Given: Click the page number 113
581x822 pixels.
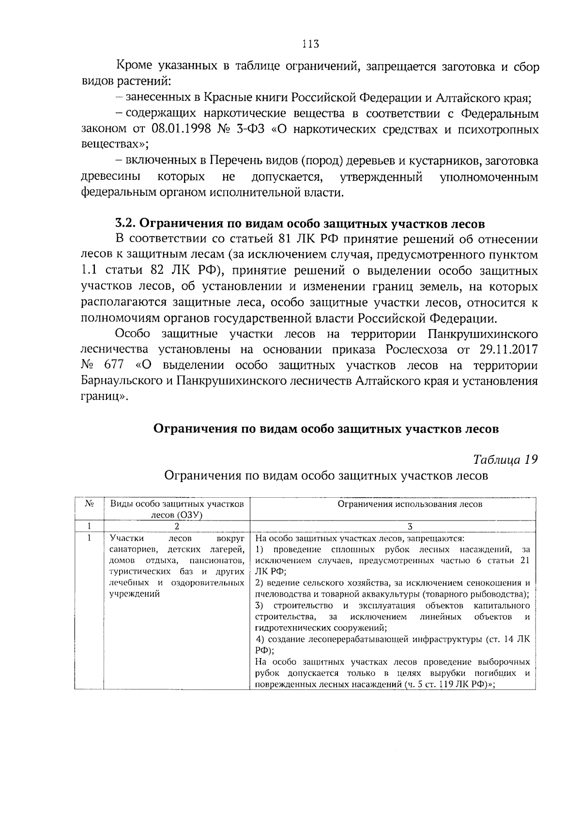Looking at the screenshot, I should point(310,44).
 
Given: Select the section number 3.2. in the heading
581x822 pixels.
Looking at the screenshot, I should point(127,224).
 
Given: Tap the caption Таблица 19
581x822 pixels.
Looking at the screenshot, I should point(505,459).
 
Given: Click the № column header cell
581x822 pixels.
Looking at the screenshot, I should point(89,504).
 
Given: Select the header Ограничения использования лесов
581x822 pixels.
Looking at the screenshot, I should point(410,504).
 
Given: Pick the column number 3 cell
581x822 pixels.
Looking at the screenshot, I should point(410,526).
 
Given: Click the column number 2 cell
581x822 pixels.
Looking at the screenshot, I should point(177,526).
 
